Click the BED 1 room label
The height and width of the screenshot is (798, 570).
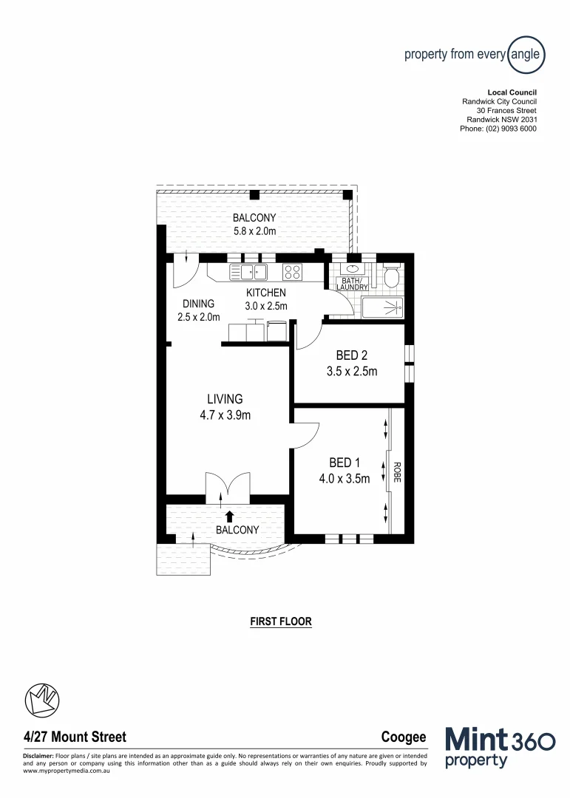(x=339, y=463)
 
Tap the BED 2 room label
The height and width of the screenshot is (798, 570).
(x=352, y=355)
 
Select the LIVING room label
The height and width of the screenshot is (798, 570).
(x=225, y=399)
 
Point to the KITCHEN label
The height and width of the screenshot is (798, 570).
(x=266, y=293)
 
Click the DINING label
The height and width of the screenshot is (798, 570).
(x=199, y=303)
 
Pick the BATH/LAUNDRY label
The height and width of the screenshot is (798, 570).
(x=352, y=284)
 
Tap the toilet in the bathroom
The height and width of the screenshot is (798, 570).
(x=391, y=276)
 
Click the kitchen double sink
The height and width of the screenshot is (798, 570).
(x=248, y=272)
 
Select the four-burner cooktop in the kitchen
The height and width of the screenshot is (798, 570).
(x=292, y=272)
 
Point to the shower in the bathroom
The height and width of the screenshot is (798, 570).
(x=383, y=307)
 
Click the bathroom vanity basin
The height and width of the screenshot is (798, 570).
(x=352, y=269)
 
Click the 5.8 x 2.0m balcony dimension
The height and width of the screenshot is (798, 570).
(x=254, y=231)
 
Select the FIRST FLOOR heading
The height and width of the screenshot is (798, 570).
(x=281, y=621)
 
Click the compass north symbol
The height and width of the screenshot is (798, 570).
(x=42, y=700)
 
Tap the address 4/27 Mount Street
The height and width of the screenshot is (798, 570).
(x=75, y=737)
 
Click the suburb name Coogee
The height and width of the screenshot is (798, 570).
(x=404, y=737)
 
